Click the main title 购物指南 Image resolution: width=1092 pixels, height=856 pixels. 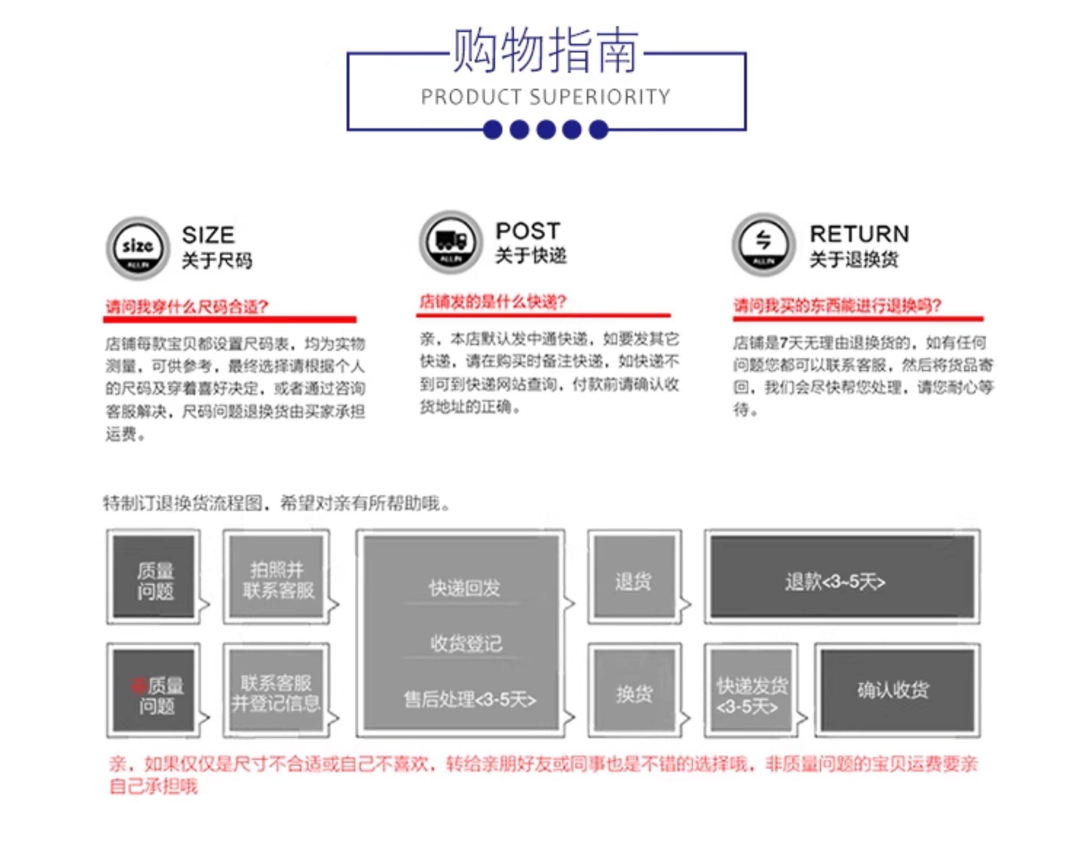tap(545, 50)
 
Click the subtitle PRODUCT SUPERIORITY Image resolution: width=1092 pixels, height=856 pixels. tap(545, 97)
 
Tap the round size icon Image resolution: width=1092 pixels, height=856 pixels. tap(138, 247)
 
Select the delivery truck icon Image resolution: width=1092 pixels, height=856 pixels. tap(450, 242)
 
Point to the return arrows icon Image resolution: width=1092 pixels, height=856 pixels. tap(763, 244)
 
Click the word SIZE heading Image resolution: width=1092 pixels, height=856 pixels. tap(208, 235)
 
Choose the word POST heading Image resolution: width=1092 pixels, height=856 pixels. tap(527, 231)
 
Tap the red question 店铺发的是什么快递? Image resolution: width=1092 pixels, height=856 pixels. tap(493, 302)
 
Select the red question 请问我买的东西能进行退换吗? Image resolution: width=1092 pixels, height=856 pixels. tap(837, 305)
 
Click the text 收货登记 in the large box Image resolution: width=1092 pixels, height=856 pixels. tap(465, 643)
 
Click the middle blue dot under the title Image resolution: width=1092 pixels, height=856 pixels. tap(546, 129)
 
